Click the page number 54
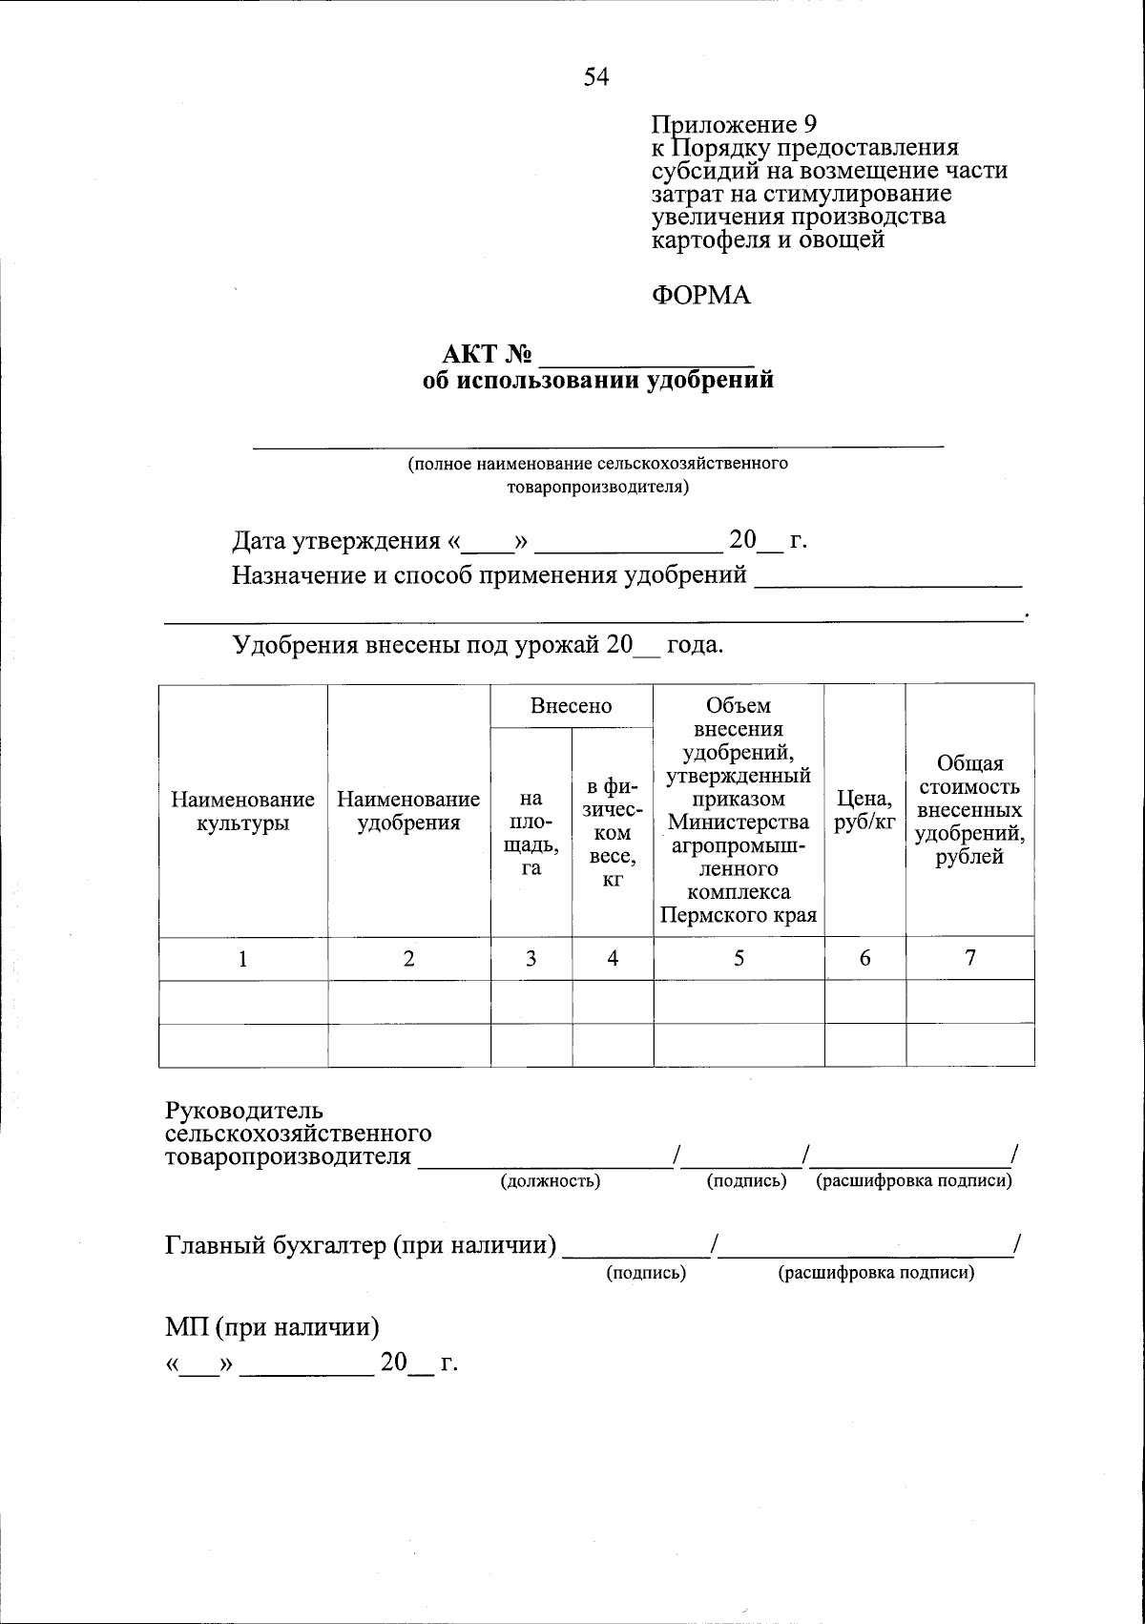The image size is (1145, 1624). [x=596, y=77]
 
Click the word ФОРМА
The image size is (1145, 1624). [x=701, y=296]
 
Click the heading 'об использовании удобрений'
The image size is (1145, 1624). [x=597, y=381]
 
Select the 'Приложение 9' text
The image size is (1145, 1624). [x=734, y=125]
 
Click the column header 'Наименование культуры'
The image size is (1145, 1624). [x=243, y=810]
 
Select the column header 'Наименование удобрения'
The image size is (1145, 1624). [x=408, y=810]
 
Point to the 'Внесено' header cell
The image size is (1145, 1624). [x=572, y=706]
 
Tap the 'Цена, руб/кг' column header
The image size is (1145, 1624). [x=864, y=810]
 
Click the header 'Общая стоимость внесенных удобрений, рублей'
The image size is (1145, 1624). [x=969, y=810]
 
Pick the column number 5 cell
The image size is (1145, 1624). [x=739, y=959]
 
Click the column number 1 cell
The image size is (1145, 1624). [x=243, y=959]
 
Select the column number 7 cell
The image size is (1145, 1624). [x=969, y=959]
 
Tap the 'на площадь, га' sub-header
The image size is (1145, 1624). [x=531, y=832]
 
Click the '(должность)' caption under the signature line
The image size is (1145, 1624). [x=551, y=1181]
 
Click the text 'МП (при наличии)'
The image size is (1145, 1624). [x=273, y=1328]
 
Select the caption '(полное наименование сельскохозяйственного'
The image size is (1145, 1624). [x=597, y=465]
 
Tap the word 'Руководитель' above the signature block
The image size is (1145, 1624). [x=244, y=1112]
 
